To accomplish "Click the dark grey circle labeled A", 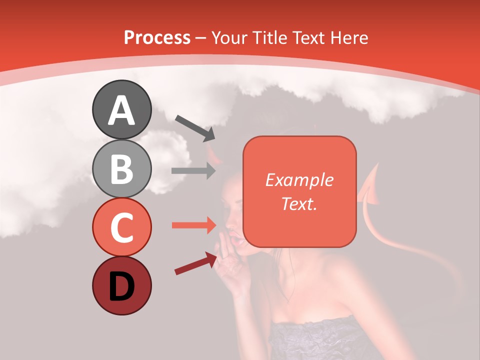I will pos(121,110).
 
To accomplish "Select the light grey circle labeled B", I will pos(121,169).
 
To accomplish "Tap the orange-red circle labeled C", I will pos(121,227).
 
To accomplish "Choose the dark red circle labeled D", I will pos(121,286).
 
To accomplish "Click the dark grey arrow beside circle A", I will pos(195,127).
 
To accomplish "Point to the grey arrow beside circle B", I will pos(193,170).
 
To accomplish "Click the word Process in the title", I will pos(157,37).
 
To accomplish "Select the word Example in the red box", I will pos(299,180).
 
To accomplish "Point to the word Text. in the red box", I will pos(299,203).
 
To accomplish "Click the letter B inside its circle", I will pos(121,169).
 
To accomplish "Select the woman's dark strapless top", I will pos(320,340).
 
